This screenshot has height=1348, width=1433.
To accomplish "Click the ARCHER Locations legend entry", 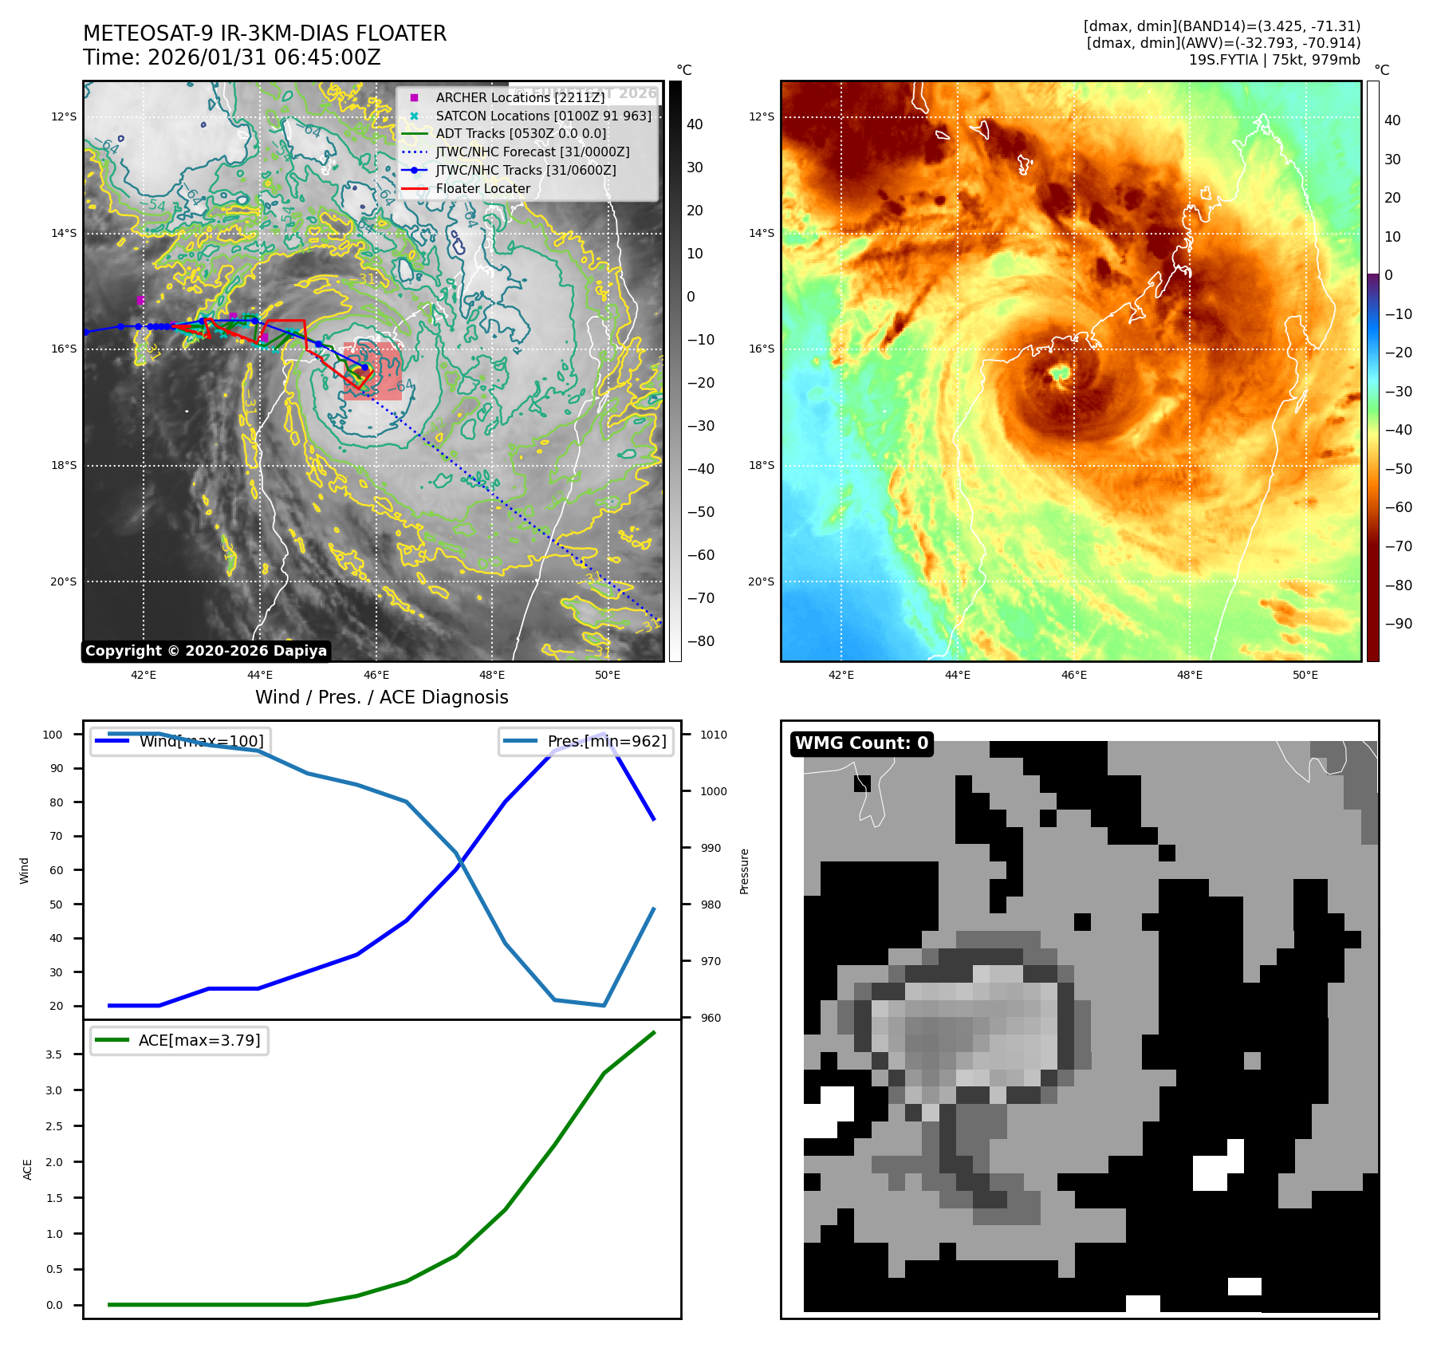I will tap(520, 97).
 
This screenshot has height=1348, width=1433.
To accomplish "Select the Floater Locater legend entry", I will tap(482, 189).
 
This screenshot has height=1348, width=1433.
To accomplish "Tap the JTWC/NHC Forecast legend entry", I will tap(532, 152).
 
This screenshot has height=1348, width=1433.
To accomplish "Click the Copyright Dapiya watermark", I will tap(206, 651).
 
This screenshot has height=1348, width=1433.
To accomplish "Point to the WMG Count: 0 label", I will tap(861, 743).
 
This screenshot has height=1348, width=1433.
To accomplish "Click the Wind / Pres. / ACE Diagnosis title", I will tap(381, 697).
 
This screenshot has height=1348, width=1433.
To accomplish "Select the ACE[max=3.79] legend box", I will tap(179, 1040).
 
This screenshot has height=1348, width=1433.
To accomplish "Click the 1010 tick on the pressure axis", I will tap(714, 735).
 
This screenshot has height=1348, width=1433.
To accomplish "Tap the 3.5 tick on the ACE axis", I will tap(53, 1054).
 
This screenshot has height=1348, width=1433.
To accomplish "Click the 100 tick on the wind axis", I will tap(53, 735).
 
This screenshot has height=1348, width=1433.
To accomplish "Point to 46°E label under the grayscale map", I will tap(376, 675).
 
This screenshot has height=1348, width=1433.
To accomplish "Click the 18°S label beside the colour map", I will tap(761, 465).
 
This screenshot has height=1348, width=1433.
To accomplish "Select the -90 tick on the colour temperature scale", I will tap(1398, 624).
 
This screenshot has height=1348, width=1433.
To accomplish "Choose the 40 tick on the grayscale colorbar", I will tap(695, 124).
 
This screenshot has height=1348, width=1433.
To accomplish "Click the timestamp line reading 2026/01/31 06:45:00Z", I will tap(232, 58).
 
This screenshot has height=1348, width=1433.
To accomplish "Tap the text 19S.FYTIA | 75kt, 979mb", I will tap(1274, 60).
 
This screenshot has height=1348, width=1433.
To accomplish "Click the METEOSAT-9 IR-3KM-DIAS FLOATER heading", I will tap(265, 34).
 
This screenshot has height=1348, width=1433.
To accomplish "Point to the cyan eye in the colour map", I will tap(1060, 372).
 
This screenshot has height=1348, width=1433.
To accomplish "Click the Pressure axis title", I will tap(745, 871).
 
